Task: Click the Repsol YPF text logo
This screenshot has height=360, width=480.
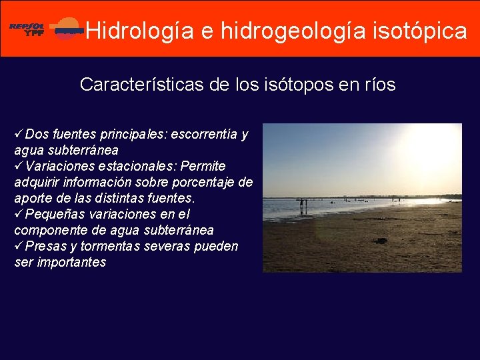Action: click(x=27, y=29)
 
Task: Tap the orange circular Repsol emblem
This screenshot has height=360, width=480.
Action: click(x=67, y=29)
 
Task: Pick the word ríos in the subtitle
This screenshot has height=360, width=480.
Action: click(x=379, y=85)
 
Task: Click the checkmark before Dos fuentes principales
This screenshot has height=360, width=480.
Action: click(x=19, y=134)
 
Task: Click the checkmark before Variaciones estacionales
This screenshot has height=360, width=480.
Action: click(x=19, y=166)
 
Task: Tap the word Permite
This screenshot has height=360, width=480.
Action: click(x=203, y=166)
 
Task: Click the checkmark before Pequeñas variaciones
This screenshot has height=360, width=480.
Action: click(x=19, y=214)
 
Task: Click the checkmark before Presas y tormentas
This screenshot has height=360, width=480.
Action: click(x=19, y=246)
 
